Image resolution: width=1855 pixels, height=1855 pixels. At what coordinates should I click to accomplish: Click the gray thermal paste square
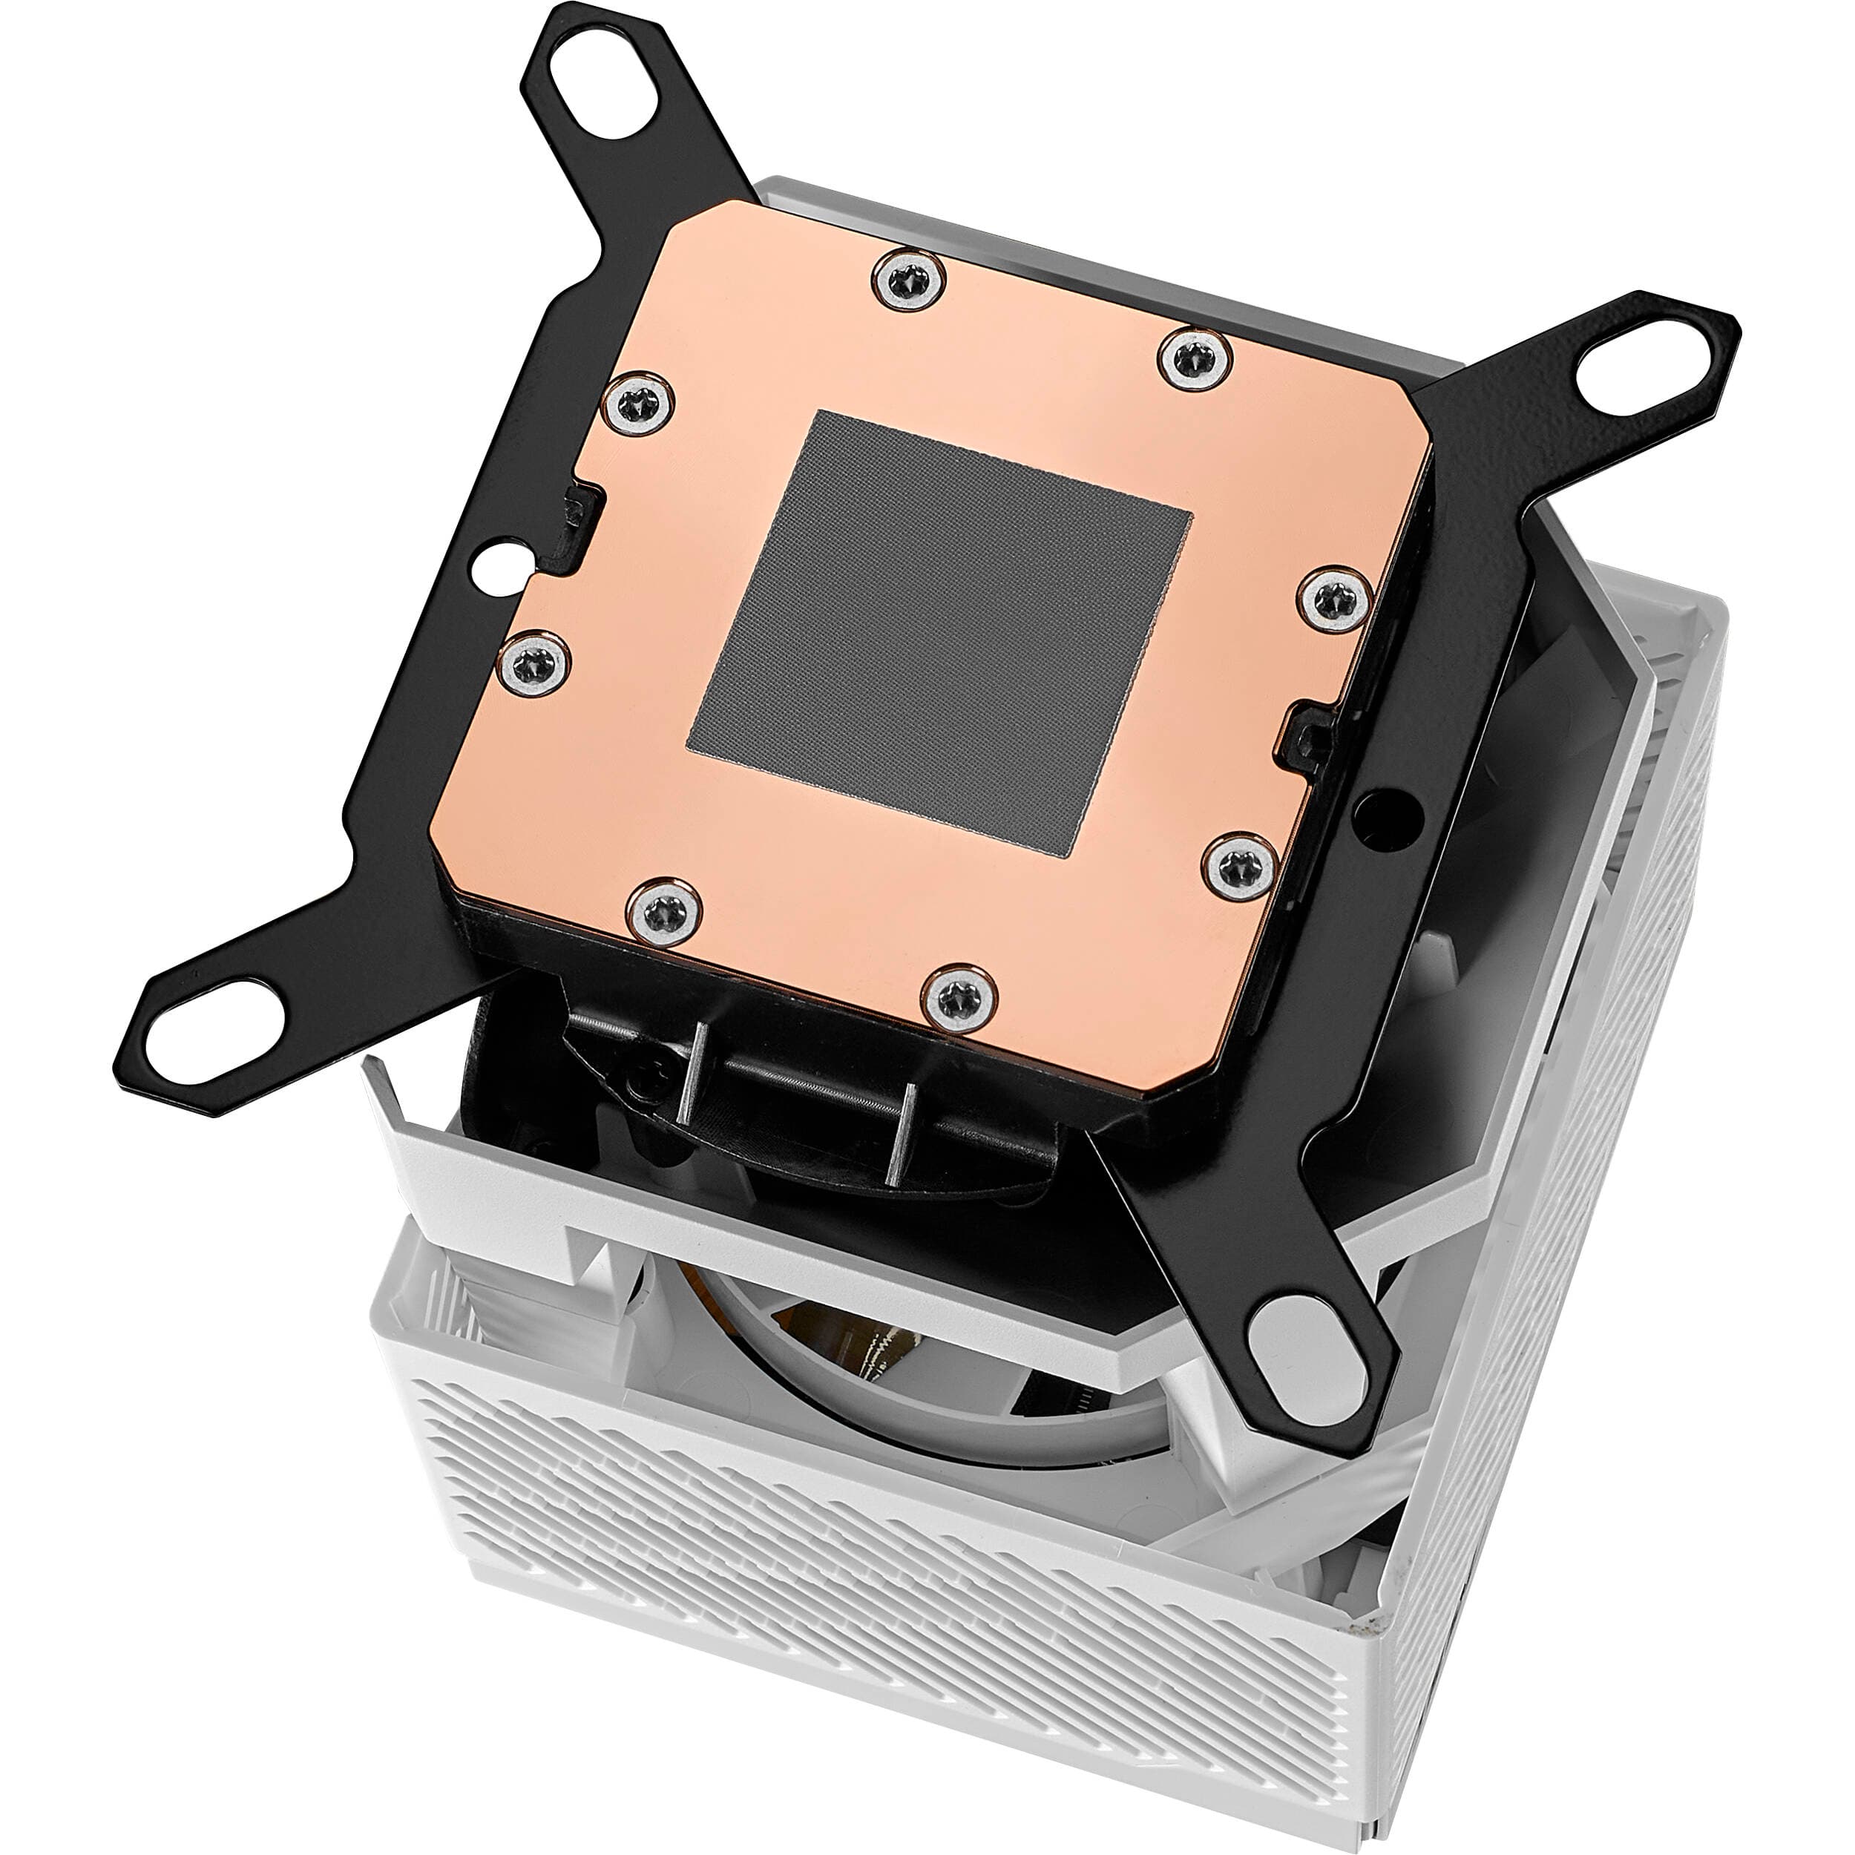(939, 631)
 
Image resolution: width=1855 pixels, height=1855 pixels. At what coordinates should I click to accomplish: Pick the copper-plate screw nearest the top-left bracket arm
(637, 406)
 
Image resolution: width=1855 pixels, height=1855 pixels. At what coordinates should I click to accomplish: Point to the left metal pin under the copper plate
(692, 1071)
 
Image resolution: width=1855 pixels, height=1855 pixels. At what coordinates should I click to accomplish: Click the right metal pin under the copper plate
(899, 1134)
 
